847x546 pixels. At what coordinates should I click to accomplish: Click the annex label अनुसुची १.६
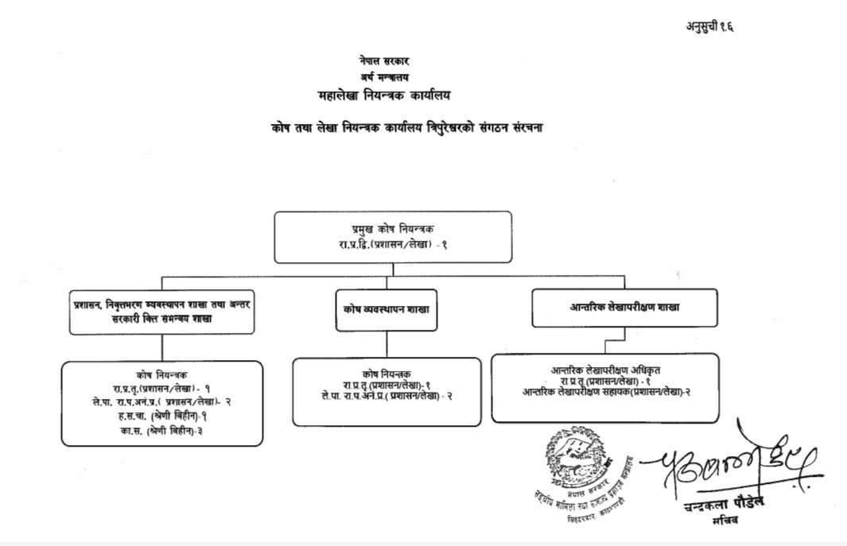coord(709,25)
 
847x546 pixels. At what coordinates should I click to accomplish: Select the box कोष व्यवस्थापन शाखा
coord(387,308)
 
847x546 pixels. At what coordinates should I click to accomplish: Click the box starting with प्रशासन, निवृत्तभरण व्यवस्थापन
coord(162,311)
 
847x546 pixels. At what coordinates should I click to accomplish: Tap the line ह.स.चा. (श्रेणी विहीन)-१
coord(163,416)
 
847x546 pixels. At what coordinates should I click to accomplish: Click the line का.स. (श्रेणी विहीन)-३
coord(163,430)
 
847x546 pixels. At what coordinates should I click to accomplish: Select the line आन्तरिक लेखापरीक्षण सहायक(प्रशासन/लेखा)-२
coord(606,392)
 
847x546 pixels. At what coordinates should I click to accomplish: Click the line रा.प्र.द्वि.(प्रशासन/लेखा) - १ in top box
coord(392,245)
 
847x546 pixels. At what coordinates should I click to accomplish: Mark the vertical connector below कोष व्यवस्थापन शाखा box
coord(387,343)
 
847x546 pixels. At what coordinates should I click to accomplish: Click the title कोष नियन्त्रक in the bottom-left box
coord(162,374)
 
